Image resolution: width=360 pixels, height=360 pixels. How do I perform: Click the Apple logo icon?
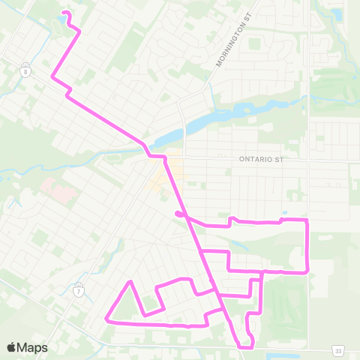(12, 348)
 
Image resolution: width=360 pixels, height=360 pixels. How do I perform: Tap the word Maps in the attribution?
(32, 348)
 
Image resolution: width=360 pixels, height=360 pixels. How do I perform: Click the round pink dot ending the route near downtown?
(178, 214)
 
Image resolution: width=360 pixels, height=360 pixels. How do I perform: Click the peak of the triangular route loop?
(131, 282)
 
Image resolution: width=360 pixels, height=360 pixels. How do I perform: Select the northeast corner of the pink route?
(307, 220)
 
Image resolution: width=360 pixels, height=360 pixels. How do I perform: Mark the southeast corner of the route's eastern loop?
(307, 271)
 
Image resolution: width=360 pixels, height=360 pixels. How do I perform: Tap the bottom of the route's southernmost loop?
(246, 346)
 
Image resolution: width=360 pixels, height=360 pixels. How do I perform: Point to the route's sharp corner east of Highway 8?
(52, 76)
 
